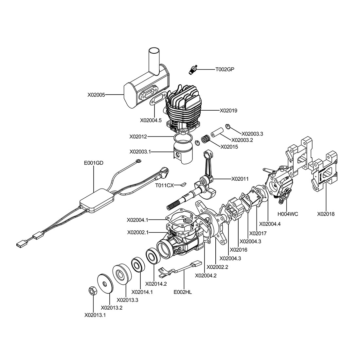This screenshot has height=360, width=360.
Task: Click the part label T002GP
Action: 225,69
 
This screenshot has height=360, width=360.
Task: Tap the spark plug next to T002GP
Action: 193,69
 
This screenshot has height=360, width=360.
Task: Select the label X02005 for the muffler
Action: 96,95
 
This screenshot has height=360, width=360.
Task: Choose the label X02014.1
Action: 142,292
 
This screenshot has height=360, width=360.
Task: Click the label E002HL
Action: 183,292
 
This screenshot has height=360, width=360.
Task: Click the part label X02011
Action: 240,179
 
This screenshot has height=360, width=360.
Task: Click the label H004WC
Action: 288,214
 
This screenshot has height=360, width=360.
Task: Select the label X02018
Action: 326,214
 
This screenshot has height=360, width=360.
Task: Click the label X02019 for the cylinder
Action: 228,111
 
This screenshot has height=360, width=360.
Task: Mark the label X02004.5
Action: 151,120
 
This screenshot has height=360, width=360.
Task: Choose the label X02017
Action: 258,233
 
